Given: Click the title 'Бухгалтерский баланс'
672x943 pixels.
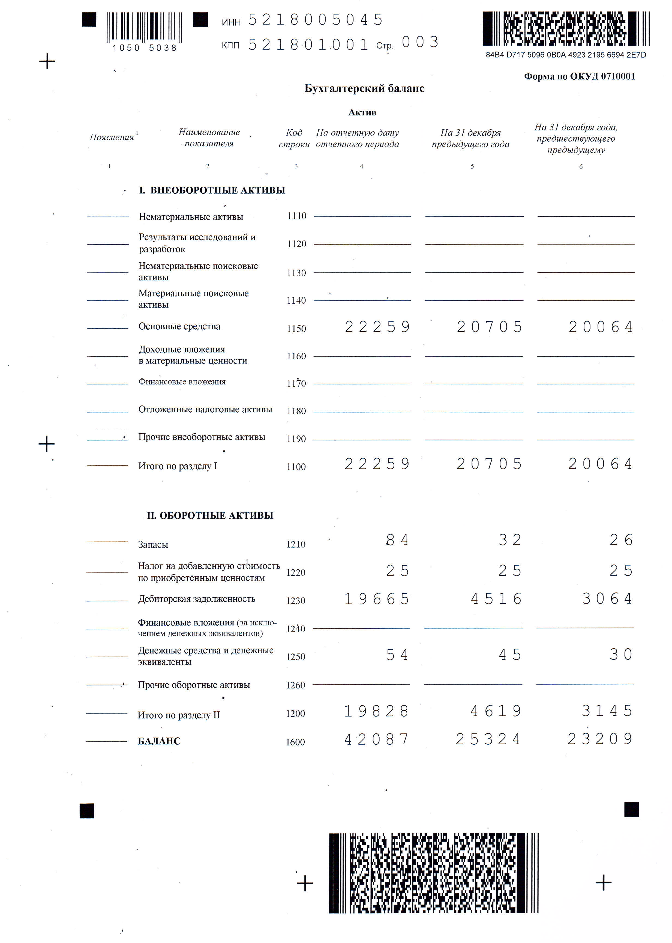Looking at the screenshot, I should tap(364, 88).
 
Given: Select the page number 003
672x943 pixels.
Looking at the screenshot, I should tap(420, 42).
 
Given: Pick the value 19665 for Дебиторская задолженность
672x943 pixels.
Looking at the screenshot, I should tap(377, 599).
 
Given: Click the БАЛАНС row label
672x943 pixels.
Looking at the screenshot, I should tap(159, 741).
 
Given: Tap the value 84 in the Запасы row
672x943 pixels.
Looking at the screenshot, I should tap(397, 540).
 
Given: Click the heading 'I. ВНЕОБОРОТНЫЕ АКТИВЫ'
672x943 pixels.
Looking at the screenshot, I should tap(212, 190).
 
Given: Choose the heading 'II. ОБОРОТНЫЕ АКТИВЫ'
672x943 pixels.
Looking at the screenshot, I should tap(210, 515).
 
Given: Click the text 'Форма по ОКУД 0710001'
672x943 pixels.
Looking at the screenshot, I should tap(579, 76).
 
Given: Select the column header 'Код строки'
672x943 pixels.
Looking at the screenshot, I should tap(294, 138).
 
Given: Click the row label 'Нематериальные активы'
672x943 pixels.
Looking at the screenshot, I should tap(191, 216).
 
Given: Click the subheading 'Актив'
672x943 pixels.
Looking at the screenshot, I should tap(362, 112).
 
